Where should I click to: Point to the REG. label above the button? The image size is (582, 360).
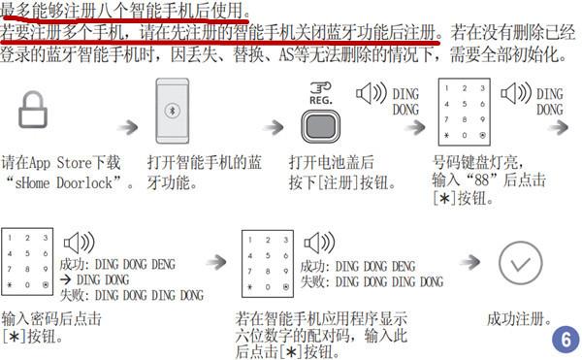320,97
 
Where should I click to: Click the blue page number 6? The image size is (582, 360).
563,340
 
